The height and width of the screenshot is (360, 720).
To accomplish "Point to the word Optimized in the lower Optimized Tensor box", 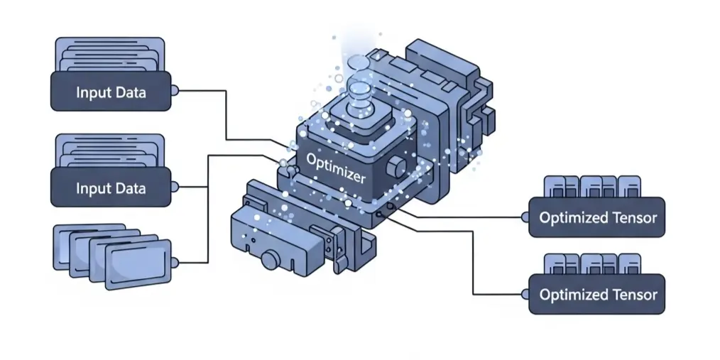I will click(569, 295).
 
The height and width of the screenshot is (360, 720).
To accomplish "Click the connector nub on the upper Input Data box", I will click(175, 91).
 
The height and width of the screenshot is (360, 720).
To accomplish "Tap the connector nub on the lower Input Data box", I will click(175, 187).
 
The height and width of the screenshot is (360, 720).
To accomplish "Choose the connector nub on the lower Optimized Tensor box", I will click(525, 293).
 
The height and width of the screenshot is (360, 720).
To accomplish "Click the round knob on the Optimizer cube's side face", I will click(398, 168).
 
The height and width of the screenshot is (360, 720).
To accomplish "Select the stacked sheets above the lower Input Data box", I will click(110, 151).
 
